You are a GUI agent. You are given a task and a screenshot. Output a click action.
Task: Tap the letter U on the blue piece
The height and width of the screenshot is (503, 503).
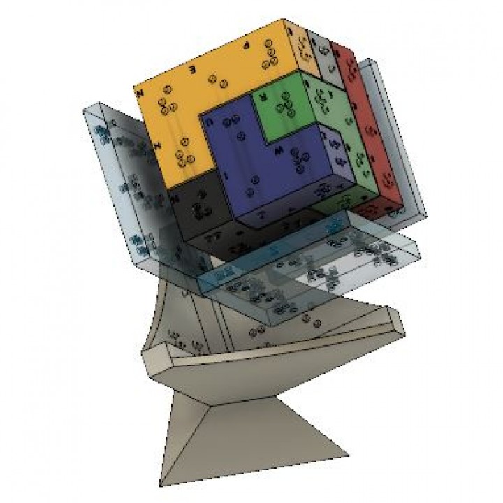coord(210,122)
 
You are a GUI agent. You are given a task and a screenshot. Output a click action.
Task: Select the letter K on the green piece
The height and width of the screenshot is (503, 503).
coord(266,95)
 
